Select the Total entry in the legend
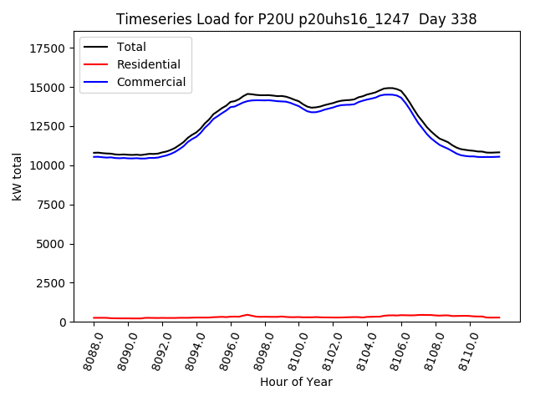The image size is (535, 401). click(x=131, y=47)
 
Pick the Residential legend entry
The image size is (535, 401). click(x=148, y=64)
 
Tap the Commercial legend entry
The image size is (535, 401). click(x=151, y=82)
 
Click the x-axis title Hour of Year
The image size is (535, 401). click(x=296, y=382)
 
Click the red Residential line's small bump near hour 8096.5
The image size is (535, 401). click(x=247, y=315)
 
